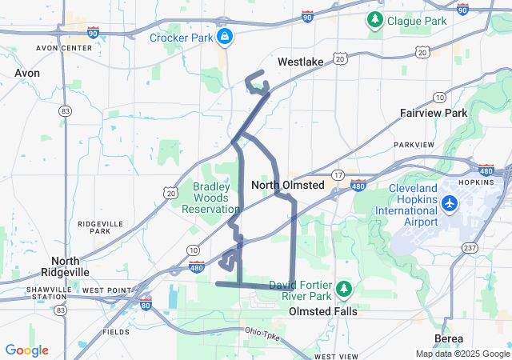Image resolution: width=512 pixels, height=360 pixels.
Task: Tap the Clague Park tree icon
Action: (x=374, y=18)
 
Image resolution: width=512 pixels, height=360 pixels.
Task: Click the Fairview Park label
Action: (x=434, y=113)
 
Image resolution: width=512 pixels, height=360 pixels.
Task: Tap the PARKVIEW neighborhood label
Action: (x=414, y=145)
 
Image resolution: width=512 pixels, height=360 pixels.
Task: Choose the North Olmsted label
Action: (x=287, y=185)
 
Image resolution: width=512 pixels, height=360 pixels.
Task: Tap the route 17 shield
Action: (x=338, y=175)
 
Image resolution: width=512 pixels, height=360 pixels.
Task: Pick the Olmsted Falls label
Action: (x=320, y=310)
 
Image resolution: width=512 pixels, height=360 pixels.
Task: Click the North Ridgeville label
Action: (x=70, y=266)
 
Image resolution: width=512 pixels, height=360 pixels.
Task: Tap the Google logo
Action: (x=27, y=350)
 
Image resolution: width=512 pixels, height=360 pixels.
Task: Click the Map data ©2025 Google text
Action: (x=462, y=354)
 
